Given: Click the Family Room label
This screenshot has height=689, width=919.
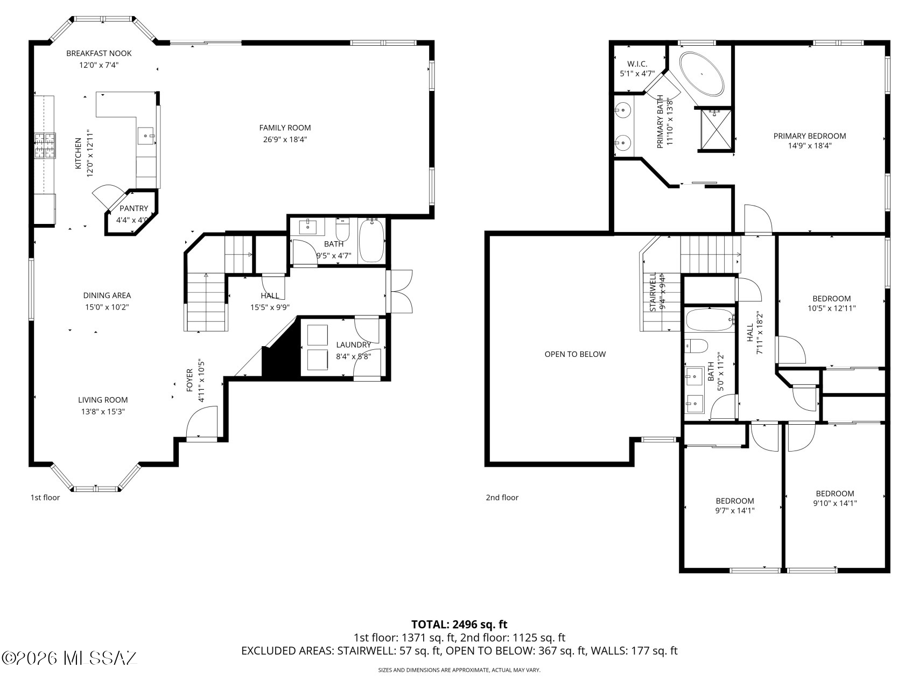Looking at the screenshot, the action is click(285, 128).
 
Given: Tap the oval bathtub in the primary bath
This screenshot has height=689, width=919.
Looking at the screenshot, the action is click(702, 74).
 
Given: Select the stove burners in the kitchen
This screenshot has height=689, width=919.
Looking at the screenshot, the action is click(45, 146).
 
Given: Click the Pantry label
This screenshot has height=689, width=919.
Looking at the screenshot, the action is click(134, 208).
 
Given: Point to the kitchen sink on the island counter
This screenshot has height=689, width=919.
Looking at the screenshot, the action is click(146, 136).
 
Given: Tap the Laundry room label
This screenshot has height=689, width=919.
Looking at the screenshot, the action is click(354, 345).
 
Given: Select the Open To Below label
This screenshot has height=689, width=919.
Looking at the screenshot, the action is click(575, 354).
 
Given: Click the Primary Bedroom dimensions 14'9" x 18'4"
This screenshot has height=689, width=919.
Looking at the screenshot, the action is click(810, 145).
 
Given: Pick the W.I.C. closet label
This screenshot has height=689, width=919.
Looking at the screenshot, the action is click(637, 64).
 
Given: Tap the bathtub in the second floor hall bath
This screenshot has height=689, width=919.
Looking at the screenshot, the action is click(710, 320).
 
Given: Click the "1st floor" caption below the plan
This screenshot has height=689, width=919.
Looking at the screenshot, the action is click(45, 497).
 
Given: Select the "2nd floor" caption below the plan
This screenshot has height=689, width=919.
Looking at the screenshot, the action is click(502, 497).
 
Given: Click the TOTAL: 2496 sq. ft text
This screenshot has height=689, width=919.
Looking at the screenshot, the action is click(459, 624).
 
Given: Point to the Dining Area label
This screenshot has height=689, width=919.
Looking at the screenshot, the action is click(107, 296).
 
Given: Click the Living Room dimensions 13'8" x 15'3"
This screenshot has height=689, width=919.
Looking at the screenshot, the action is click(103, 412).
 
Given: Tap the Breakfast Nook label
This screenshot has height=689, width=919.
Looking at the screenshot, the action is click(99, 53).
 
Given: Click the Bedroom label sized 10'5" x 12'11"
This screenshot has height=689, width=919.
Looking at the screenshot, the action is click(832, 299).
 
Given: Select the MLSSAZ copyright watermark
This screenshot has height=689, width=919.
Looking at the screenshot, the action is click(69, 658).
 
